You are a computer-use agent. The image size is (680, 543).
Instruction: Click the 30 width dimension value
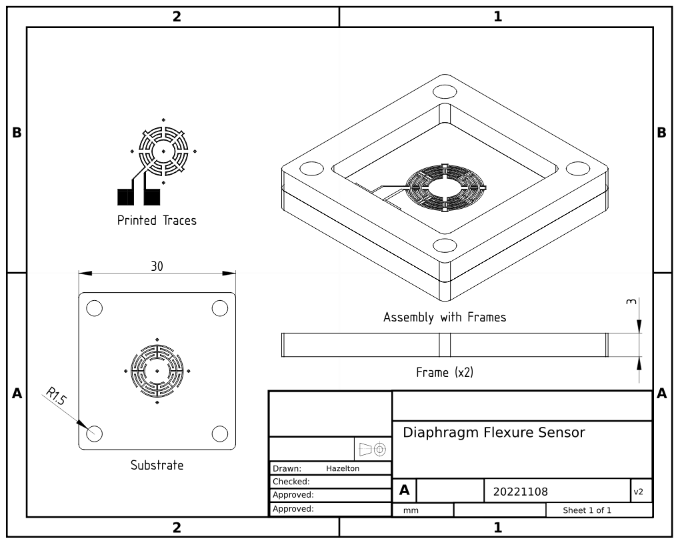pos(157,265)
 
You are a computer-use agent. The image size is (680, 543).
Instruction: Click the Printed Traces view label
pos(157,220)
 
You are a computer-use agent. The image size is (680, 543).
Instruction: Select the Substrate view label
pos(157,465)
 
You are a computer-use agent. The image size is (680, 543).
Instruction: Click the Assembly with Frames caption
pos(445,318)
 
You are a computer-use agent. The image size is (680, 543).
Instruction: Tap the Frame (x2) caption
pos(445,372)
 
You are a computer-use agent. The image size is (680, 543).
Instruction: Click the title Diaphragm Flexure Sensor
pos(494,432)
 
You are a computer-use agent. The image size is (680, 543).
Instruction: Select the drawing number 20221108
pos(520,492)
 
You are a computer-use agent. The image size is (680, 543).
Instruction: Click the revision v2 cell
pos(638,492)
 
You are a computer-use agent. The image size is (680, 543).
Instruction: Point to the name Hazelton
pos(343,468)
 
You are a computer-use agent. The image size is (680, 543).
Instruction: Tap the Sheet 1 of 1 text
pos(587,510)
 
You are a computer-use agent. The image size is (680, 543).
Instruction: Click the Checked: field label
pos(291,482)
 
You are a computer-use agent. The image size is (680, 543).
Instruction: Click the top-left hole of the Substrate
pos(94,308)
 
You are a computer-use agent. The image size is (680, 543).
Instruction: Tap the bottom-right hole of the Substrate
pos(220,433)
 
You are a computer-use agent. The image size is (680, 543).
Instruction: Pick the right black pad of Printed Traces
pos(153,197)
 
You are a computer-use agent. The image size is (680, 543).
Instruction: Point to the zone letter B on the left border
pos(16,133)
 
